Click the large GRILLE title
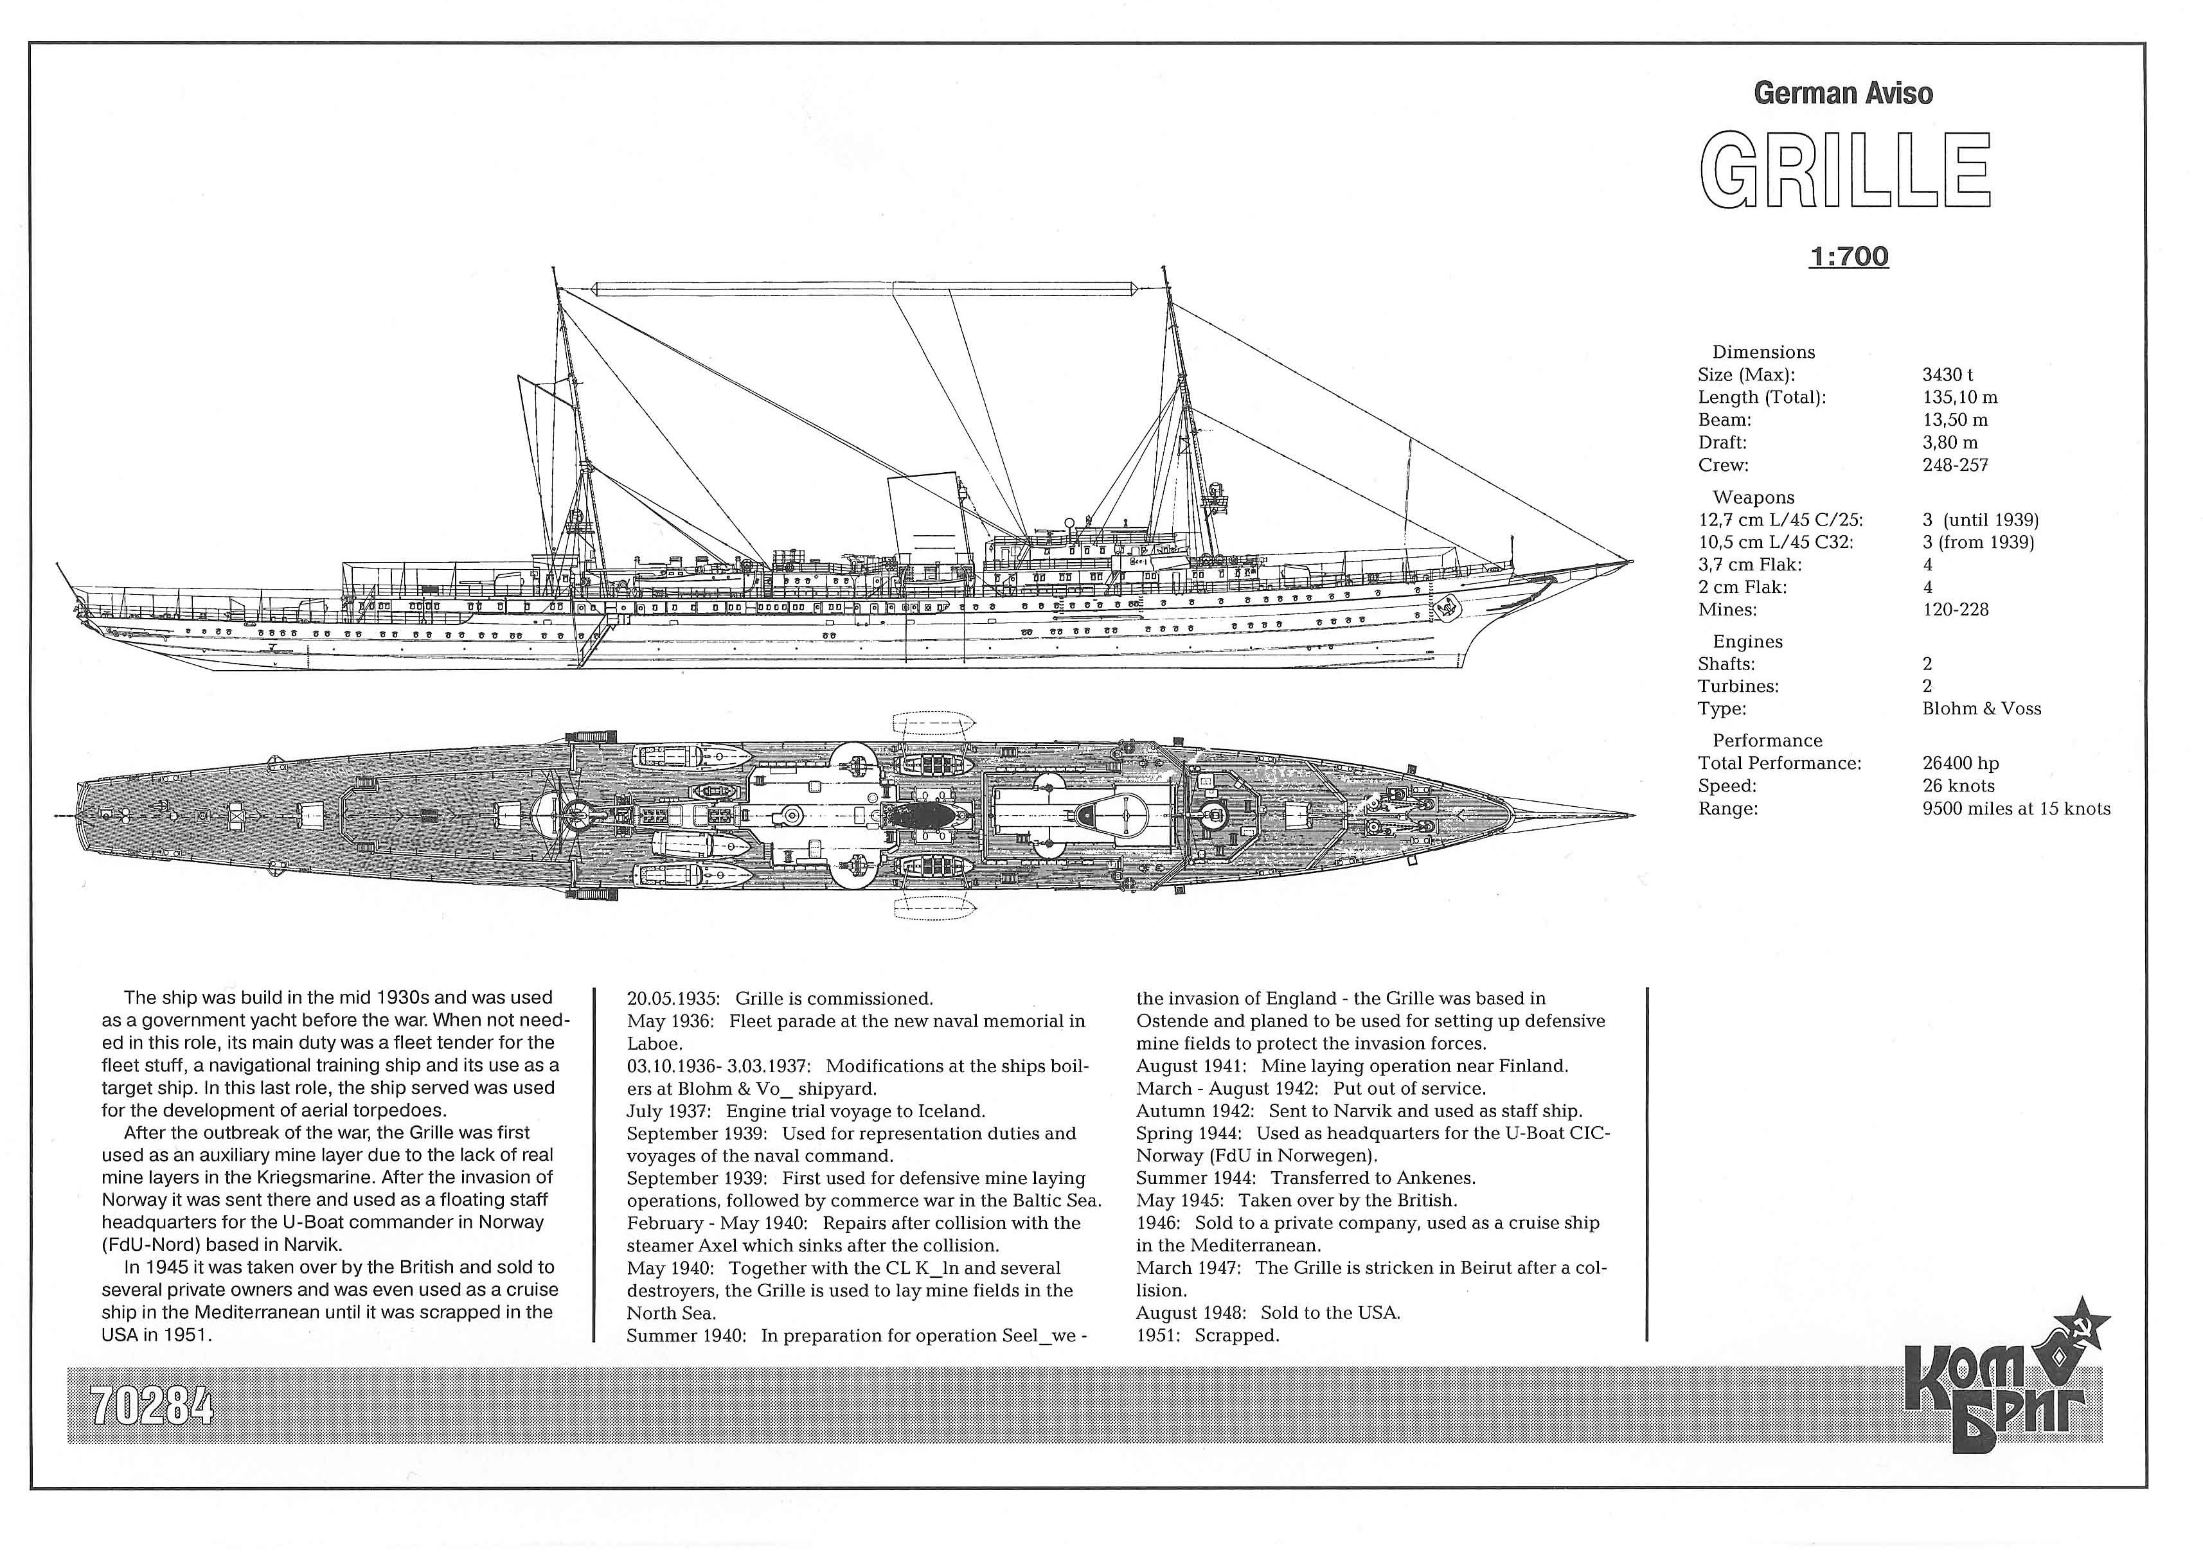tap(1845, 171)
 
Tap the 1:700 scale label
tap(1849, 257)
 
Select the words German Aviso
tap(1843, 93)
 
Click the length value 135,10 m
tap(1960, 397)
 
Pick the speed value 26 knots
tap(1958, 786)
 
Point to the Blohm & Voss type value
tap(1981, 709)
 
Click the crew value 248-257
tap(1956, 465)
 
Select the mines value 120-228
tap(1956, 610)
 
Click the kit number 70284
tap(152, 1406)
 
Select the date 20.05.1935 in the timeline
tap(673, 998)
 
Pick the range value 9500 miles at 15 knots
tap(2016, 809)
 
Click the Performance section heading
tap(1767, 741)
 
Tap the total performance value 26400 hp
tap(1960, 764)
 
